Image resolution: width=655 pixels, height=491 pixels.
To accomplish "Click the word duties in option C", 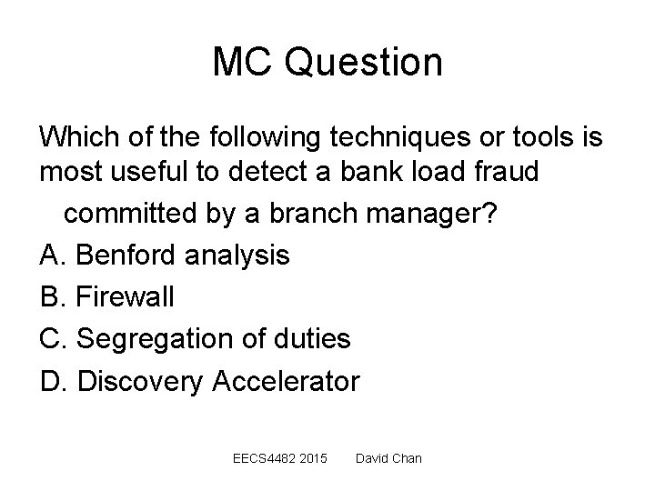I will (x=315, y=338).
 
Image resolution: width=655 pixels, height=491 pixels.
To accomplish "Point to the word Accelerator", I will (x=286, y=380).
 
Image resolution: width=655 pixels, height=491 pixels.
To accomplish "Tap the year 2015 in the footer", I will (x=310, y=458).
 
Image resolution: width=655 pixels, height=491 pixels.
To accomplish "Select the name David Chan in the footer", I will (x=388, y=458).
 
